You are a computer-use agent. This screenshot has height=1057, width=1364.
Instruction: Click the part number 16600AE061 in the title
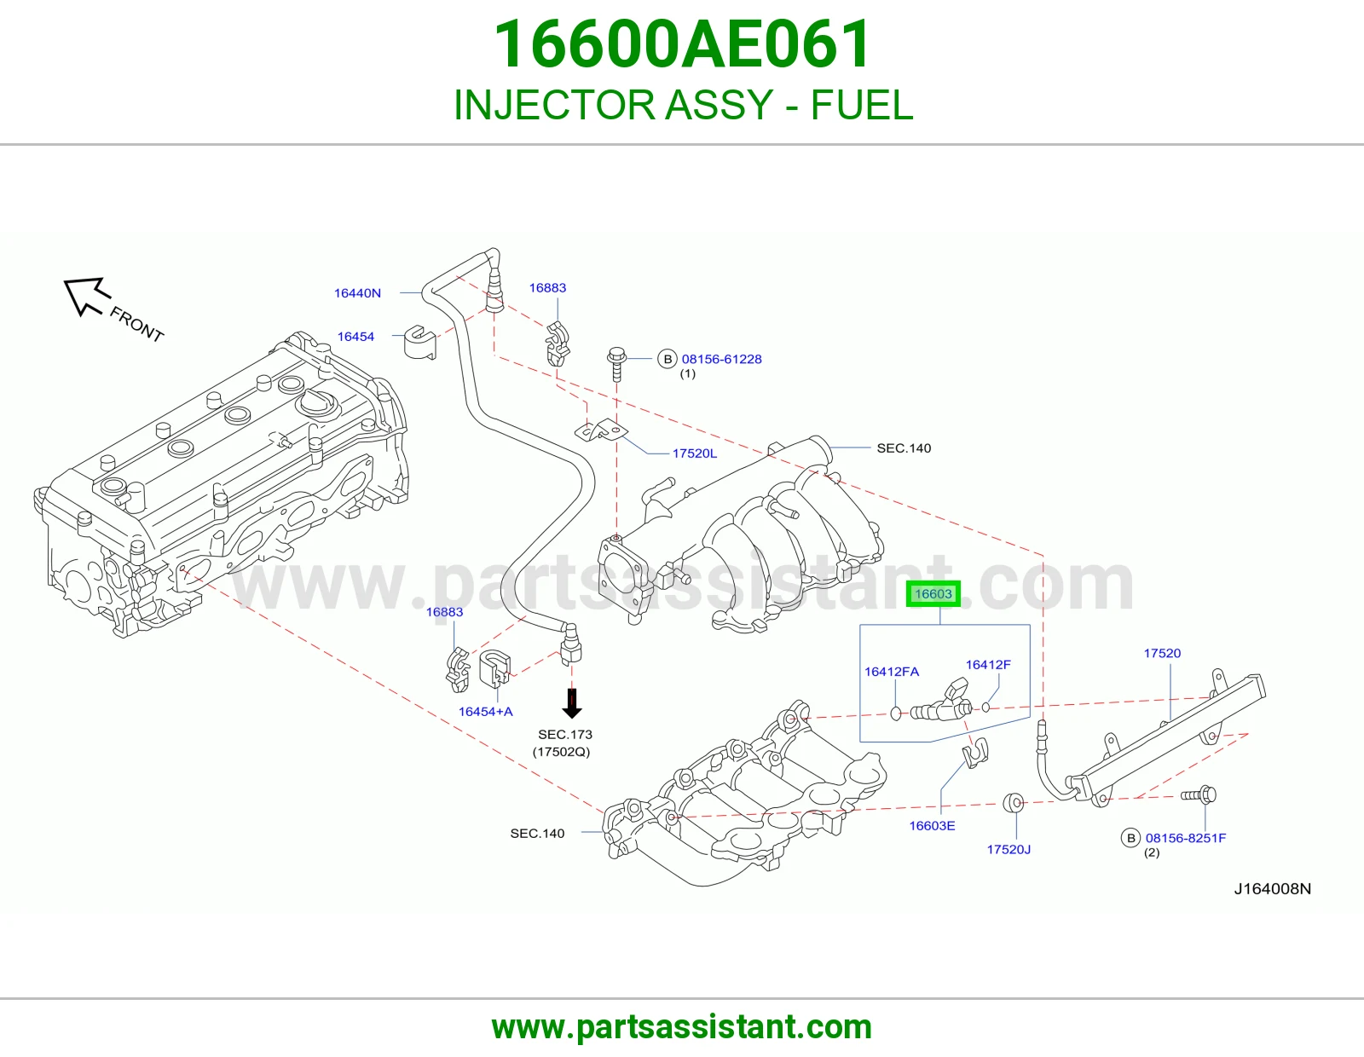pyautogui.click(x=682, y=44)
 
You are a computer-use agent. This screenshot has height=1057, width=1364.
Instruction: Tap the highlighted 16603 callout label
pyautogui.click(x=933, y=594)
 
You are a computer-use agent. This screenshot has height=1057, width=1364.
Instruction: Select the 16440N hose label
pyautogui.click(x=357, y=293)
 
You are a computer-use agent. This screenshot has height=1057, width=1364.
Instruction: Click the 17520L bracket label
pyautogui.click(x=694, y=453)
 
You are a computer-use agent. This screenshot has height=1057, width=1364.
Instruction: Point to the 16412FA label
pyautogui.click(x=892, y=672)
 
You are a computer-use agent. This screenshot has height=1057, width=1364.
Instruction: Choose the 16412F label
pyautogui.click(x=988, y=665)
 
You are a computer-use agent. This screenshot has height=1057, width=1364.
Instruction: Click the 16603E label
pyautogui.click(x=932, y=826)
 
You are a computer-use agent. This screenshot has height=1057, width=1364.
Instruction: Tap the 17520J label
pyautogui.click(x=1009, y=849)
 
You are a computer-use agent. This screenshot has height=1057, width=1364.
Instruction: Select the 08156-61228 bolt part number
pyautogui.click(x=722, y=359)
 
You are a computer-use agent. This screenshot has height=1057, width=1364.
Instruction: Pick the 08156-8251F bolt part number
pyautogui.click(x=1186, y=838)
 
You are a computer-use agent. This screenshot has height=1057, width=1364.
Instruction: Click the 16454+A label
pyautogui.click(x=485, y=712)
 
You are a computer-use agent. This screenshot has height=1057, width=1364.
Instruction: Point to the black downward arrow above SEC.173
pyautogui.click(x=571, y=703)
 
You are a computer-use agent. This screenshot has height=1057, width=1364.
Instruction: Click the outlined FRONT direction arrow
pyautogui.click(x=87, y=296)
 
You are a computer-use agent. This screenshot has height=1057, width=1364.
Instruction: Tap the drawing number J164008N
pyautogui.click(x=1272, y=889)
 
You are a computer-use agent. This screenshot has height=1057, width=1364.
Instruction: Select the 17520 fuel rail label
pyautogui.click(x=1162, y=654)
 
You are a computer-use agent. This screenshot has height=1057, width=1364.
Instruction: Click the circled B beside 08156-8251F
pyautogui.click(x=1130, y=838)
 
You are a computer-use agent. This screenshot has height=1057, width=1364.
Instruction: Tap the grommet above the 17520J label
pyautogui.click(x=1013, y=803)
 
